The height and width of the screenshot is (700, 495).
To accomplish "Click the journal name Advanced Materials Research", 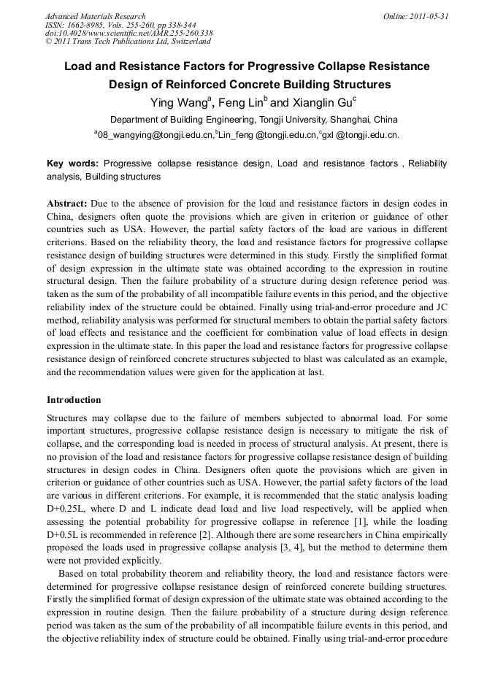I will pos(96,16).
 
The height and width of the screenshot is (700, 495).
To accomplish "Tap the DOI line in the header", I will pos(128,34).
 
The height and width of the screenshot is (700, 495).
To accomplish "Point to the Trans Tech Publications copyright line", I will pos(128,42).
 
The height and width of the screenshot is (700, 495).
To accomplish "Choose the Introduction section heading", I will pos(74,400).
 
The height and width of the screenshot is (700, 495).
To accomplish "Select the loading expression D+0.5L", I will pos(65,535).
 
